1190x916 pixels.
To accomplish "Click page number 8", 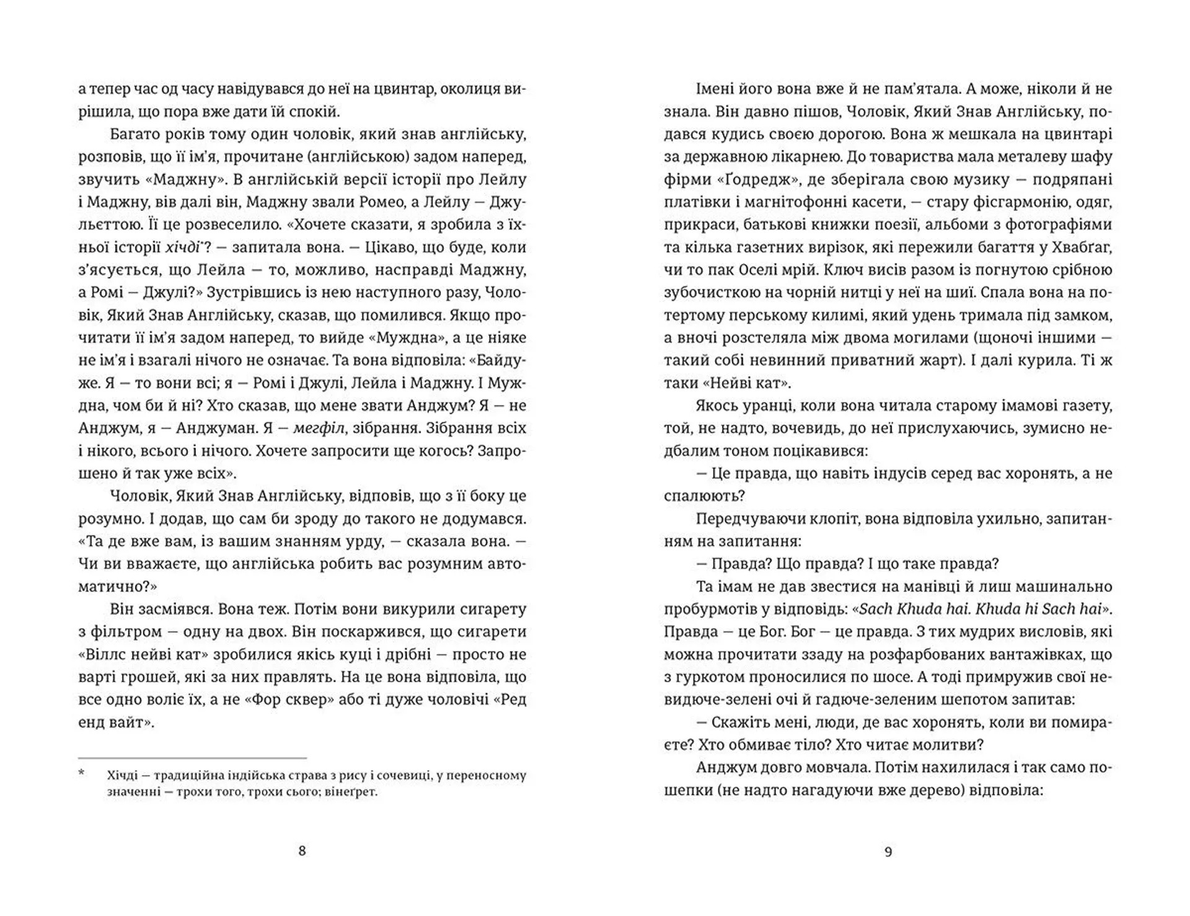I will pyautogui.click(x=302, y=851).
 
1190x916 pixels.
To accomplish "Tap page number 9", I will pyautogui.click(x=888, y=852).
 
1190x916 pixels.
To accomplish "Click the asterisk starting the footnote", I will pyautogui.click(x=81, y=774).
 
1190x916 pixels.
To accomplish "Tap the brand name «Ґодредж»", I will pyautogui.click(x=749, y=180).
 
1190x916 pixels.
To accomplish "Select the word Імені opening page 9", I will pyautogui.click(x=716, y=89).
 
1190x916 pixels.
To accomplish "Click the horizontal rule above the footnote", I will pyautogui.click(x=192, y=758).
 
